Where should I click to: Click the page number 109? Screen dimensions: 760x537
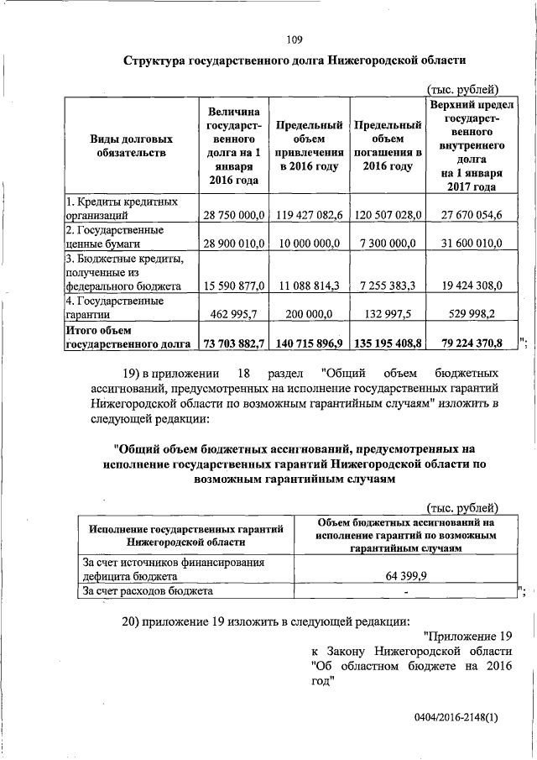tap(294, 39)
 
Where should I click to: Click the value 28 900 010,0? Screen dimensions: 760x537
tap(232, 243)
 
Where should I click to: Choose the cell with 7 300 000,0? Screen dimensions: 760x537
tap(388, 243)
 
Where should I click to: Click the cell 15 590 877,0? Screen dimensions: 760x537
tap(232, 286)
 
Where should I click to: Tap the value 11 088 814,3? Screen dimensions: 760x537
tap(308, 286)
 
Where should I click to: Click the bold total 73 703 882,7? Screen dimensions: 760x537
tap(232, 343)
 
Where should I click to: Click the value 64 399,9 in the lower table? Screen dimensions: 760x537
tap(404, 577)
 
